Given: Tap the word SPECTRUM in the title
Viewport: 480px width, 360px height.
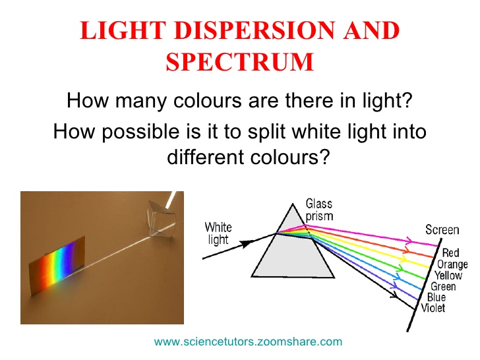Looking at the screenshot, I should click(x=239, y=63).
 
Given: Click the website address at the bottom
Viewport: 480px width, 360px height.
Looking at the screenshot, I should click(x=248, y=342).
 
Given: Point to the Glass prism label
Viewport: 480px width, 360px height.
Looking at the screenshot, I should click(x=319, y=210).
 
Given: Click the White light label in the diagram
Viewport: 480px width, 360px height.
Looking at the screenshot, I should click(x=219, y=233).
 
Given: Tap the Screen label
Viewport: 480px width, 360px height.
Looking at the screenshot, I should click(x=442, y=230).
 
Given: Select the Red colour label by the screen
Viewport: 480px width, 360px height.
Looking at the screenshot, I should click(x=451, y=253).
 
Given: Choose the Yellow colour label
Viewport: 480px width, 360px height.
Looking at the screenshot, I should click(x=448, y=276).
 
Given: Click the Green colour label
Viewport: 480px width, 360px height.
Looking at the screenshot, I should click(x=443, y=287).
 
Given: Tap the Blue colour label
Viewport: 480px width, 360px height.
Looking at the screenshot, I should click(x=436, y=297).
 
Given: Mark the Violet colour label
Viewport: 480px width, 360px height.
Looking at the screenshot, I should click(x=431, y=308).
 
